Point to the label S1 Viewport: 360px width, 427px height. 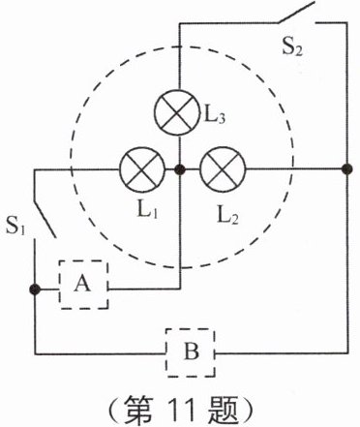click(15, 226)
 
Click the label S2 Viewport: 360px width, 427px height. click(292, 47)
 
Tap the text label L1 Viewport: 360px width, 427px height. click(148, 211)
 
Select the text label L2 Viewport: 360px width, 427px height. click(228, 216)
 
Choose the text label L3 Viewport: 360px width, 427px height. click(215, 115)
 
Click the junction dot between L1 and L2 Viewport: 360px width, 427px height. click(179, 169)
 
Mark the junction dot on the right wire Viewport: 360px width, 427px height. click(346, 168)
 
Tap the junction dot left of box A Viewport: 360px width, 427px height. click(35, 290)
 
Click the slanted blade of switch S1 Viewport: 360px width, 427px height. click(45, 220)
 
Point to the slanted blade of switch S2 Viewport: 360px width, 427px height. click(296, 13)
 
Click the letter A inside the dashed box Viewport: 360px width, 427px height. click(82, 284)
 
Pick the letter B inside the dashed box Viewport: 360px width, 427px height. click(191, 351)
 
